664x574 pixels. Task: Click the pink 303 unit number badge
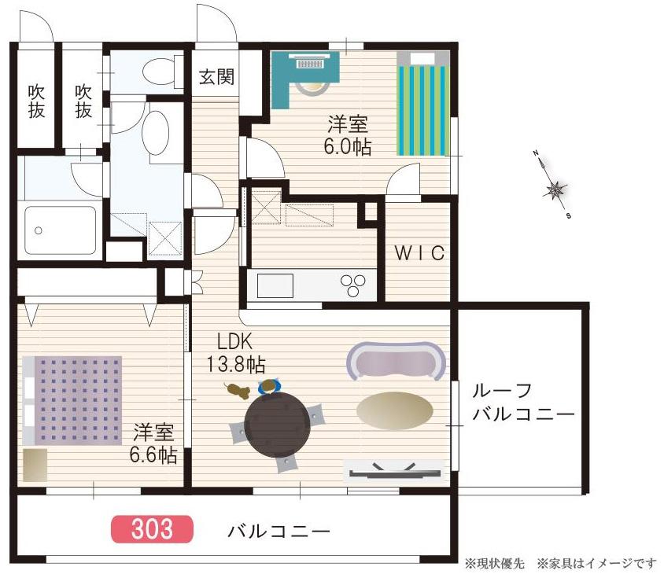(x=152, y=528)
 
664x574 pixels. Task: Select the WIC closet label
(x=419, y=253)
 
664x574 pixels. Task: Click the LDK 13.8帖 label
(x=235, y=352)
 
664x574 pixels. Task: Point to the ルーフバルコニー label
(x=523, y=402)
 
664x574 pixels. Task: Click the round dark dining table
(x=278, y=425)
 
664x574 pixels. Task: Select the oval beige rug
(x=395, y=410)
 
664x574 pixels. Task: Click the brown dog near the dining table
(x=238, y=391)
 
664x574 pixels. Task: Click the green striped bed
(x=423, y=104)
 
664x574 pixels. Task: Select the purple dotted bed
(x=72, y=400)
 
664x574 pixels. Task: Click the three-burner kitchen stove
(x=352, y=285)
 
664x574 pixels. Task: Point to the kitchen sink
(x=275, y=285)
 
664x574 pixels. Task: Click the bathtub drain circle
(x=39, y=230)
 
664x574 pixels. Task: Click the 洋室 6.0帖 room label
(x=347, y=135)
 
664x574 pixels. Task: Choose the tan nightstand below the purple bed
(x=35, y=465)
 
